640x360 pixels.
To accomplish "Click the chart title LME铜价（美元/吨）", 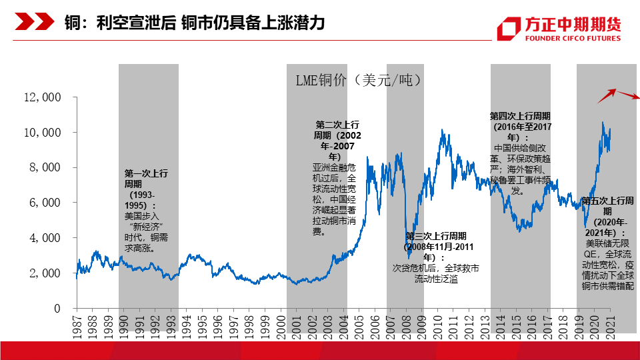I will click(359, 81).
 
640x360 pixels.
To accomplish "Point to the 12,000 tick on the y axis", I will click(42, 97).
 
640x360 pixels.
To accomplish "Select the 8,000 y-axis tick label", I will click(45, 167).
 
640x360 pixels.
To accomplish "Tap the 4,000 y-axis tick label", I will click(45, 238).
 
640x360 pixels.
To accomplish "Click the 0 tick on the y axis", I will click(58, 309).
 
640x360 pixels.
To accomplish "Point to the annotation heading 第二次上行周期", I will click(337, 129).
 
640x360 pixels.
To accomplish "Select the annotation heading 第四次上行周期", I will click(521, 121).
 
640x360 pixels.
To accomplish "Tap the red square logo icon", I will click(510, 29).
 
